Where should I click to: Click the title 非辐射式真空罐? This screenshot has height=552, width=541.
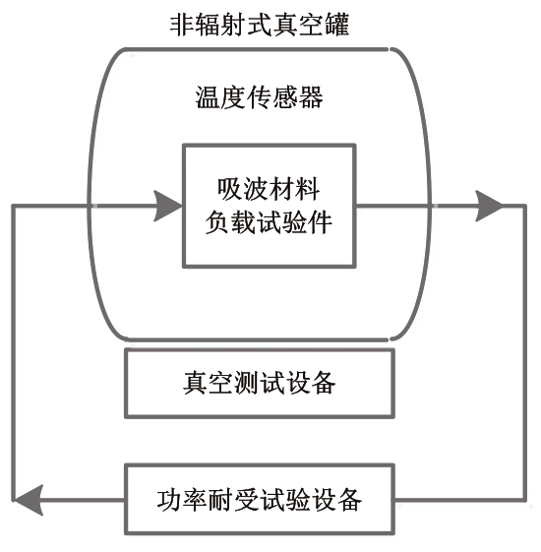260,25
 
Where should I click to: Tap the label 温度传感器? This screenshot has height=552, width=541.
259,97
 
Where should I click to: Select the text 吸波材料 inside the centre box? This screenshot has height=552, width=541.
269,189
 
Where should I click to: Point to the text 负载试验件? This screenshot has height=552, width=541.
269,222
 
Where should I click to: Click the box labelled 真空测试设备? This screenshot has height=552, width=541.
260,384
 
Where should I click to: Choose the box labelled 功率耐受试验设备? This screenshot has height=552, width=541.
260,500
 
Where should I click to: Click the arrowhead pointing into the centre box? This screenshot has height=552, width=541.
168,206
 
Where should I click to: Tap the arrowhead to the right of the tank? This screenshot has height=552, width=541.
489,206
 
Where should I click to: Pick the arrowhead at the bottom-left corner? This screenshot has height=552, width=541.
28,500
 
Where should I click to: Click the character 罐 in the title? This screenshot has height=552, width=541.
337,25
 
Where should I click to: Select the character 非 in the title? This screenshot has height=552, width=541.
183,25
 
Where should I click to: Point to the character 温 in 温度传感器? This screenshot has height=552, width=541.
208,97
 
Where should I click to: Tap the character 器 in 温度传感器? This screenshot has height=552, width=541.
311,97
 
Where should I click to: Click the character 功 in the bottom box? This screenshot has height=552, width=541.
169,500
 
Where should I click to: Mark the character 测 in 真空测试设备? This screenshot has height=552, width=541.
246,383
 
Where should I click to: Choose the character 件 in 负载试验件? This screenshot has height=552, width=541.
320,222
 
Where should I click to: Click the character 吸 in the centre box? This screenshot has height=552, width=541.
230,189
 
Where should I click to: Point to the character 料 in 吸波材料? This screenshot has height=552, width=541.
308,189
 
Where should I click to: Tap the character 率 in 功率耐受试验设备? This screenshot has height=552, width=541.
196,500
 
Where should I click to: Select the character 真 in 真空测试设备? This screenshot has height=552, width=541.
196,383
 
